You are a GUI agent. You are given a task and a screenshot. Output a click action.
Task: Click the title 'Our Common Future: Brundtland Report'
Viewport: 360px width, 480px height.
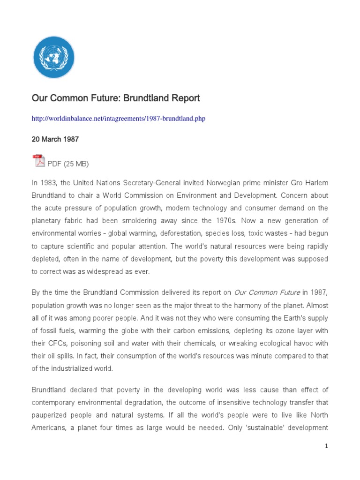[x=116, y=98]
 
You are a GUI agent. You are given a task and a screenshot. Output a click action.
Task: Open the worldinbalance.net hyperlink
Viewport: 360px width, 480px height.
[x=119, y=119]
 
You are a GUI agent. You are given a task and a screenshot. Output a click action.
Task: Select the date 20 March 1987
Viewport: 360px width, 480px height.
[x=55, y=140]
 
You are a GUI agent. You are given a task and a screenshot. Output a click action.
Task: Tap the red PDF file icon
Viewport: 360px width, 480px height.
[x=38, y=161]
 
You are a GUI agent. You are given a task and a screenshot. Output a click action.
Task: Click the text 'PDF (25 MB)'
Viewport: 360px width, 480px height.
[x=68, y=164]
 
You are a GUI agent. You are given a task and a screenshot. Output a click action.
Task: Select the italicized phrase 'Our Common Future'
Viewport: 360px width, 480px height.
[x=267, y=293]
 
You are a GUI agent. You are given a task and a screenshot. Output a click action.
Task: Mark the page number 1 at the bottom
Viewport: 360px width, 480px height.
[x=327, y=447]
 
